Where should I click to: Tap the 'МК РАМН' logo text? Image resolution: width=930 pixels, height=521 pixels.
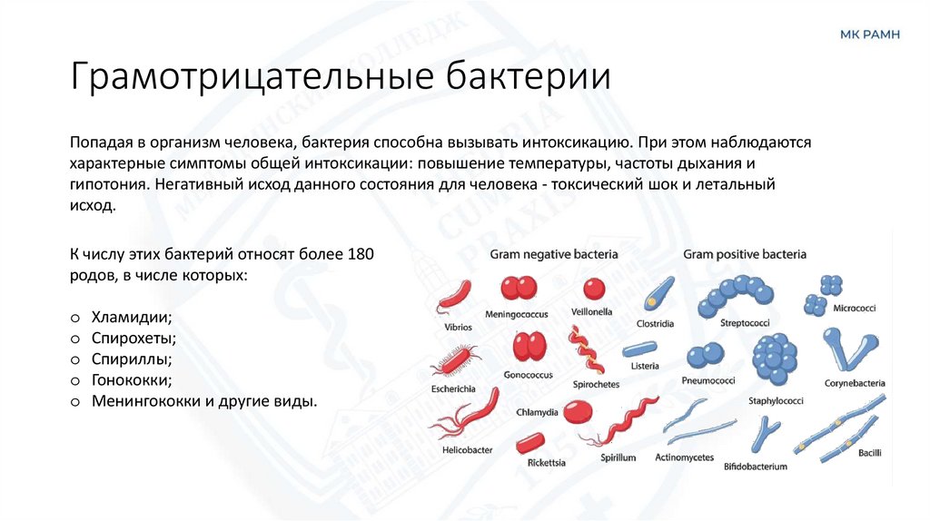[869, 34]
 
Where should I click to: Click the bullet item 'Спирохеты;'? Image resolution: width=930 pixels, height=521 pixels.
[134, 339]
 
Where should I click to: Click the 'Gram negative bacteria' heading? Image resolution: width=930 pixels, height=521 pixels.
[554, 255]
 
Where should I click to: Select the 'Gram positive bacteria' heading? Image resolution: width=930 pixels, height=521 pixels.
[745, 255]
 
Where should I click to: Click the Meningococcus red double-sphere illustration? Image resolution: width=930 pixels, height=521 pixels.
[519, 289]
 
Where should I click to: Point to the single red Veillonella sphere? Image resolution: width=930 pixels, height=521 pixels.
[594, 289]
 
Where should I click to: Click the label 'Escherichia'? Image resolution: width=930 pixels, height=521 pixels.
[453, 388]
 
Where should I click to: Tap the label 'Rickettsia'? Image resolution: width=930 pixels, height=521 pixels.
[547, 463]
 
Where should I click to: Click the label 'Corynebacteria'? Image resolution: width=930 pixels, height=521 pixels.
[855, 383]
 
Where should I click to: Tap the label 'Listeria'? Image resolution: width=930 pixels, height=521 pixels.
[644, 366]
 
